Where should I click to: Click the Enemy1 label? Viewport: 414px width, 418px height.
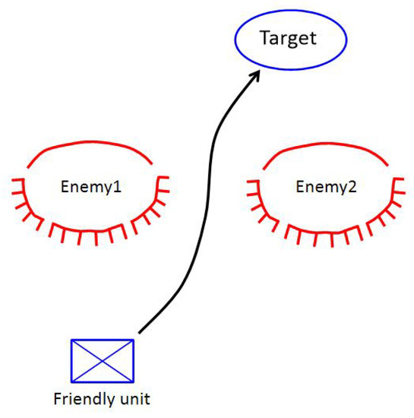click(90, 186)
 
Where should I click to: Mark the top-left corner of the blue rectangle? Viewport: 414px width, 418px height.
click(71, 340)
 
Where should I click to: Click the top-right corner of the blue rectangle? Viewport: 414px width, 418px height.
click(134, 340)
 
